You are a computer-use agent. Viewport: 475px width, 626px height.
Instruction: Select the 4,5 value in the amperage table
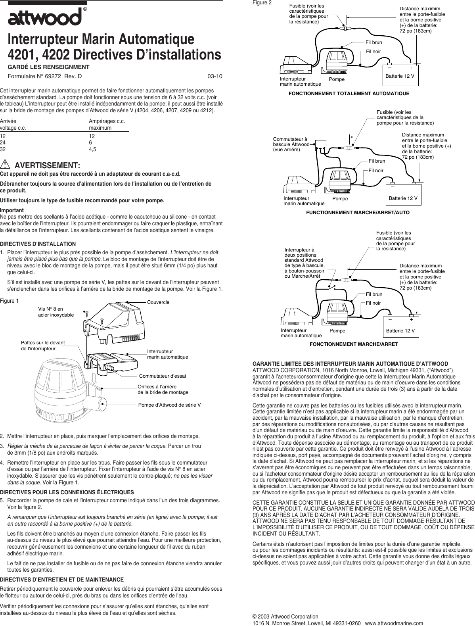click(x=92, y=149)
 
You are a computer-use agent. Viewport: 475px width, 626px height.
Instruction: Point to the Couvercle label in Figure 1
click(x=158, y=302)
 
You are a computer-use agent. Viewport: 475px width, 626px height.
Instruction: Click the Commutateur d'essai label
click(x=163, y=376)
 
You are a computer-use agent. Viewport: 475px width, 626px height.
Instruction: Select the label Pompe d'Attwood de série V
click(x=169, y=405)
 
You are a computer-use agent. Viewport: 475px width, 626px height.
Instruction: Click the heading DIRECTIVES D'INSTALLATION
click(x=38, y=244)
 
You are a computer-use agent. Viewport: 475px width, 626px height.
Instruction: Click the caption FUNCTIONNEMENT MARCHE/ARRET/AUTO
click(x=358, y=213)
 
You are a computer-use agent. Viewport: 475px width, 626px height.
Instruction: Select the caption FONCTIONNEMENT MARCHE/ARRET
click(x=354, y=344)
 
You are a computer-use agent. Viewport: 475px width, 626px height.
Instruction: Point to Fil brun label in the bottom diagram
click(x=374, y=294)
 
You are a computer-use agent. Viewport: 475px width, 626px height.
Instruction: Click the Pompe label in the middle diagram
click(x=340, y=198)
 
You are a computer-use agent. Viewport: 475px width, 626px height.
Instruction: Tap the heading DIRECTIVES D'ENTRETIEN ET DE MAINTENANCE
click(x=62, y=580)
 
